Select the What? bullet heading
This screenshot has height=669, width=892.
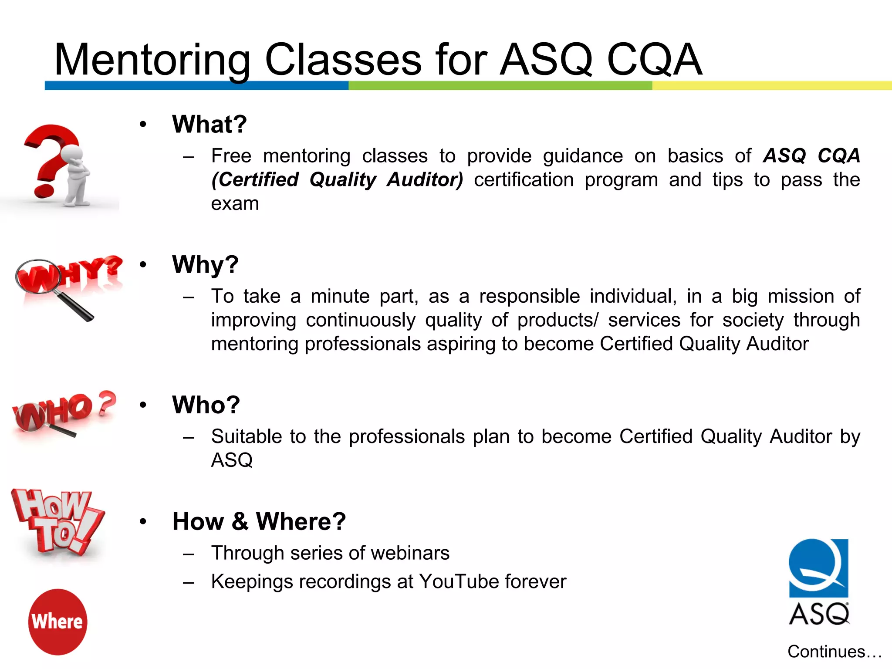[x=209, y=124]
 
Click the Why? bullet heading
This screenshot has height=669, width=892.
[x=206, y=264]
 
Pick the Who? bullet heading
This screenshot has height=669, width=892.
[x=206, y=405]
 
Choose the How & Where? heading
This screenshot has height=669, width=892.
[x=259, y=521]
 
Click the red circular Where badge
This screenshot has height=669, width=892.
[x=57, y=622]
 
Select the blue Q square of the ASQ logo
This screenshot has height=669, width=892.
[x=818, y=568]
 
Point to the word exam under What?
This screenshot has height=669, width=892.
[x=235, y=204]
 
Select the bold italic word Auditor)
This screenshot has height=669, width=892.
[x=425, y=180]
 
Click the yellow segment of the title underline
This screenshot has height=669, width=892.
[x=771, y=85]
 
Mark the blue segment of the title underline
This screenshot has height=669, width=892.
[x=196, y=85]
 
